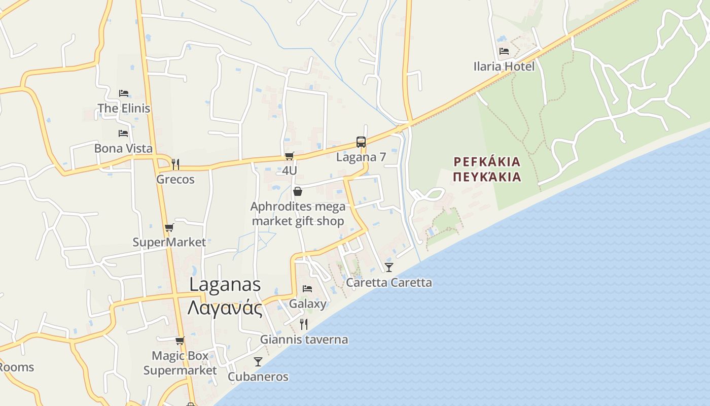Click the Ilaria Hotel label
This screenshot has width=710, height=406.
point(504,66)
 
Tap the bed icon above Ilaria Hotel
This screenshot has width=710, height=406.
point(504,51)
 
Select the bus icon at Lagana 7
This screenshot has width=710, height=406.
point(361,142)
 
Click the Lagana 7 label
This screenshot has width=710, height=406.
point(361,157)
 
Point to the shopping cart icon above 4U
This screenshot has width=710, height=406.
point(289,156)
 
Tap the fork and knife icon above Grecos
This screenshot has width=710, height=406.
point(175,164)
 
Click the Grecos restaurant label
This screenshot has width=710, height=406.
point(175,179)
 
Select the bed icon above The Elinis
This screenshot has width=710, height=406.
point(124,93)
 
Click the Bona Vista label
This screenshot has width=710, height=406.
point(123,148)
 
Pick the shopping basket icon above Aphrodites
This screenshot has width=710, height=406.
point(298,191)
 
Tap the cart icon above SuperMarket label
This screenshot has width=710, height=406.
point(169,227)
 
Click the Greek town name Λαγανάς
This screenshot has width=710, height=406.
point(225,308)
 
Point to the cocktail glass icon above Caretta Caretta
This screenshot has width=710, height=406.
point(389,267)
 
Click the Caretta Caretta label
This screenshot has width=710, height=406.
point(389,282)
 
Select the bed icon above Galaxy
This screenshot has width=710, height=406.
point(307,289)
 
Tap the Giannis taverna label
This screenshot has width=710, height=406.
point(304,340)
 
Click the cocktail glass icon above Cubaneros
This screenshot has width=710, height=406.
point(258,361)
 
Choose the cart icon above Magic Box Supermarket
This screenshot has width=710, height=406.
point(180,341)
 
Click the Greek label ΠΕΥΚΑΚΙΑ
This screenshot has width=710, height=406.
point(487,177)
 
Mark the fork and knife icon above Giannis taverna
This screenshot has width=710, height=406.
point(304,324)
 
